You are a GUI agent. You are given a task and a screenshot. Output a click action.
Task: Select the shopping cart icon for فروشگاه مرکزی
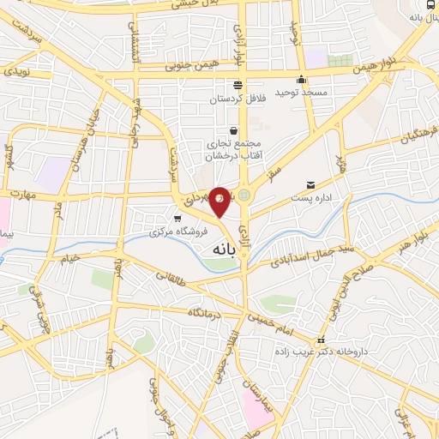click(177, 219)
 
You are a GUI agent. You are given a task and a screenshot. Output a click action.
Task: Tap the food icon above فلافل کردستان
click(238, 84)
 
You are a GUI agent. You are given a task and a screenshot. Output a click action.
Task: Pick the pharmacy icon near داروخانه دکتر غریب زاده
click(322, 340)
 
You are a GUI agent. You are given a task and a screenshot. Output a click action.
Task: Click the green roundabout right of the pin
click(246, 195)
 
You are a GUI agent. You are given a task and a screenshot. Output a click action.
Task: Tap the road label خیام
click(68, 256)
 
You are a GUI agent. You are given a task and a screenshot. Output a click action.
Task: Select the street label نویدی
click(18, 71)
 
